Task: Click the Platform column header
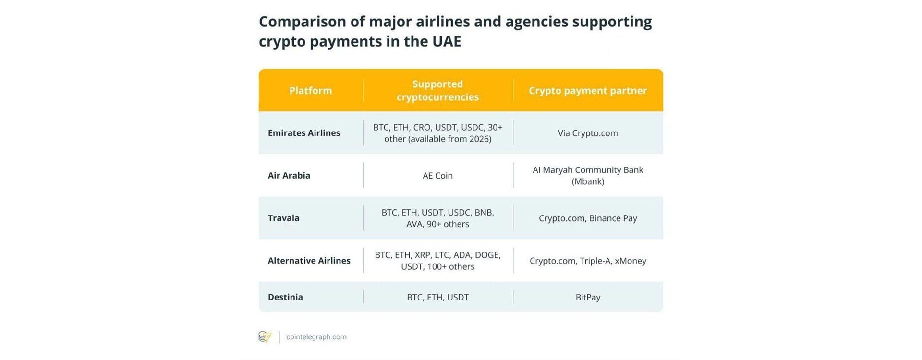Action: coord(310,90)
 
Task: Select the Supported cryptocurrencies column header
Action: coord(437,90)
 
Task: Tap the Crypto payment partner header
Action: coord(588,90)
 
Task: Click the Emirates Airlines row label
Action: coord(304,133)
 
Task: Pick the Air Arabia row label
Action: coord(289,175)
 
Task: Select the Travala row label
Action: coord(283,218)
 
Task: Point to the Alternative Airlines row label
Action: coord(309,261)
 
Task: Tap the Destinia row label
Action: coord(285,297)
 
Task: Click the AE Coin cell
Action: coord(437,176)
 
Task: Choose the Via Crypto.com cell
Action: coord(588,133)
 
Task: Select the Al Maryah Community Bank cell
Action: coord(588,176)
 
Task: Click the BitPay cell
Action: coord(588,297)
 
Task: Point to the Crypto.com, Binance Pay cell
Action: coord(588,218)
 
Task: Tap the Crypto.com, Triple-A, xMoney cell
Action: coord(588,261)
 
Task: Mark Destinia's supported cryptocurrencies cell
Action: coord(437,297)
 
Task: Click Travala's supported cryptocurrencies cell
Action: coord(437,218)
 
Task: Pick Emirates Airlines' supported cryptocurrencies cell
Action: coord(437,133)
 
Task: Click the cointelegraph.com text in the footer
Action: coord(316,337)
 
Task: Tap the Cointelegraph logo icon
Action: coord(265,337)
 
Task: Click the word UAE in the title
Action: coord(447,41)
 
